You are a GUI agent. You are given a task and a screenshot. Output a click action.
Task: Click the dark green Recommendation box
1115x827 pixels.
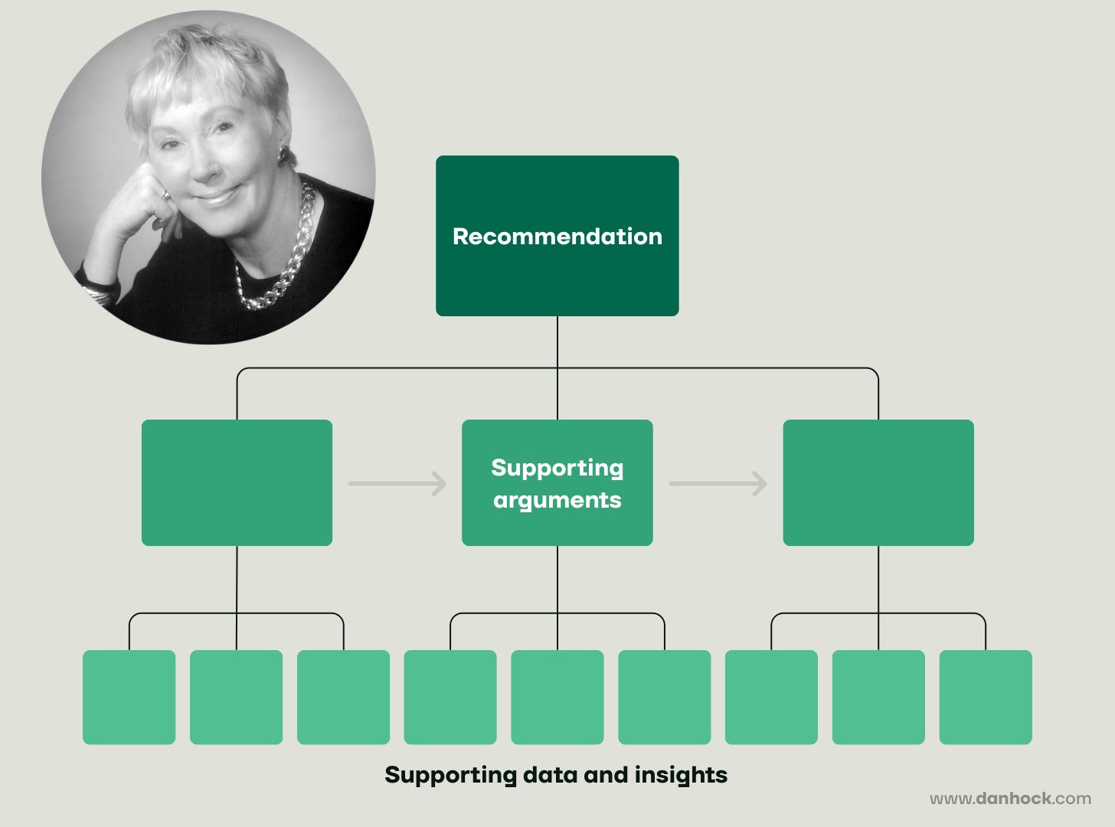coord(557,235)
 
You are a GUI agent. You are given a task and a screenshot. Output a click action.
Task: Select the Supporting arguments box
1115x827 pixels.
coord(557,482)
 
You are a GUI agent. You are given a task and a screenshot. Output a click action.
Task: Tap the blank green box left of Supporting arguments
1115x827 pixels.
coord(237,482)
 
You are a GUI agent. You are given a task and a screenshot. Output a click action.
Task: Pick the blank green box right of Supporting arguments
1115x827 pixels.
coord(878,482)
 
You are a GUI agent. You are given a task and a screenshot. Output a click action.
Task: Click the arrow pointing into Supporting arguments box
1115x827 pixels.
coord(397,483)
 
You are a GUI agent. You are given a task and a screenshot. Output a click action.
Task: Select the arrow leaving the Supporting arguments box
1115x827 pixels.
coord(718,483)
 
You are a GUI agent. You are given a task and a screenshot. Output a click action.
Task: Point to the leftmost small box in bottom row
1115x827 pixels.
coord(129,697)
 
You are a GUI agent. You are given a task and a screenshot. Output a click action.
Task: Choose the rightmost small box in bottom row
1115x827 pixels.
coord(985,697)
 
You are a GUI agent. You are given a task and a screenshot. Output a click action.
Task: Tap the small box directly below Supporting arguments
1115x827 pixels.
coord(557,697)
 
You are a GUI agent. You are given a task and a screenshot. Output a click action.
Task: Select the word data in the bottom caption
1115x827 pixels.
coord(550,775)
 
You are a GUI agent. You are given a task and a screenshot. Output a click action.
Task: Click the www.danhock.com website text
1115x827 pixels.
coord(1010,799)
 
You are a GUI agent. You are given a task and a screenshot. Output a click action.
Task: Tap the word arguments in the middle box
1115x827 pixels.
coord(557,500)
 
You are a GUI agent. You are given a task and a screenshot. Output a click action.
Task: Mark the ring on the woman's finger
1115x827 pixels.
coord(165,195)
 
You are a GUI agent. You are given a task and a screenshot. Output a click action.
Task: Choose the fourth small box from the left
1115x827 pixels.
coord(450,697)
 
